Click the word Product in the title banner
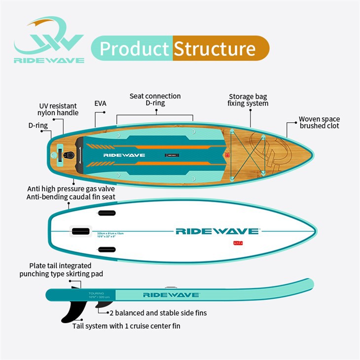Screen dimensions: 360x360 point(134,49)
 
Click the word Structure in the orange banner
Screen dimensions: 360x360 point(215,49)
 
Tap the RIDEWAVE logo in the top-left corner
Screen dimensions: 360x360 point(49,41)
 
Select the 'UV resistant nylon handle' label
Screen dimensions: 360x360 point(59,109)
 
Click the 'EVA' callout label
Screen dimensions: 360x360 point(101,104)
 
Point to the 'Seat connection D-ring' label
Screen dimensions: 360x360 point(155,100)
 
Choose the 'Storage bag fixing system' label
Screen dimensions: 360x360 point(248,100)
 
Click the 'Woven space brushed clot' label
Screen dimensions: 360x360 point(319,122)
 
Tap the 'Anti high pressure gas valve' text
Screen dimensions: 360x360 point(72,189)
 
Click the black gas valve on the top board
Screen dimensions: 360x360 point(71,155)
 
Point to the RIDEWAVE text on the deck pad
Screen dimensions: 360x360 point(124,155)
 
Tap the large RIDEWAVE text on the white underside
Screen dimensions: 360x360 point(217,231)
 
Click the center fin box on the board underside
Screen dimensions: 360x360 point(81,231)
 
